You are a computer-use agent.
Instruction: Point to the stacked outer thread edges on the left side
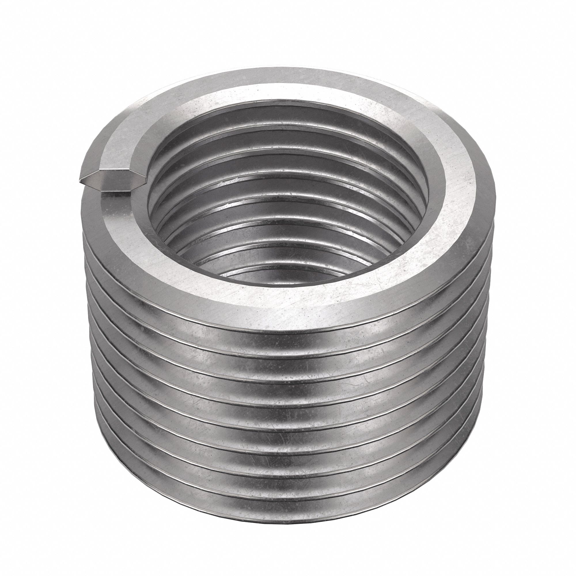coord(90,343)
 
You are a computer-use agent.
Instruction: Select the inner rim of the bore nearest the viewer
coord(268,282)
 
